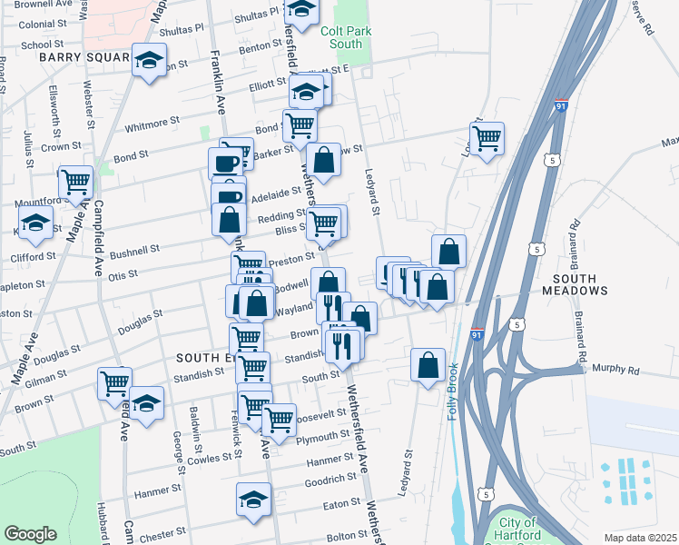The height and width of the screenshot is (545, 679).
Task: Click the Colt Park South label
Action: [340, 36]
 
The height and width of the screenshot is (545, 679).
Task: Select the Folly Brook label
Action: [452, 391]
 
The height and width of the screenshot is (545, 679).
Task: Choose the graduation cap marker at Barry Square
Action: [145, 61]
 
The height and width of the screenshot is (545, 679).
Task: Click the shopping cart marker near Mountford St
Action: [76, 182]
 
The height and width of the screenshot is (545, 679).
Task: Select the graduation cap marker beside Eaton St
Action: [253, 498]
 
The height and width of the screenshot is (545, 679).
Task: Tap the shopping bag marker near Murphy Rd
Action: [428, 365]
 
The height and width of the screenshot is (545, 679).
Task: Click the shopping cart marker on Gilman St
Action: [115, 383]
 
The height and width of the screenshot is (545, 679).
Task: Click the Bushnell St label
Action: [134, 248]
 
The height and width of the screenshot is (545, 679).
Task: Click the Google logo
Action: [30, 534]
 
